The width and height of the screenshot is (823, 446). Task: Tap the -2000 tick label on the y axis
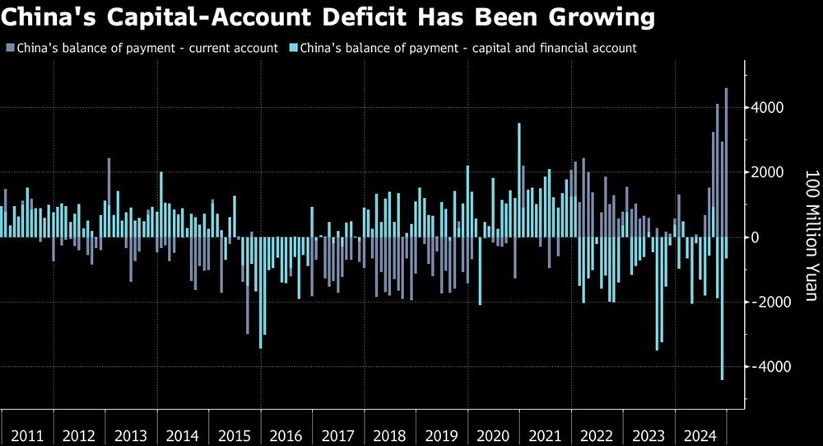[x=770, y=302]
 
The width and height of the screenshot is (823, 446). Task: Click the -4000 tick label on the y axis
[x=770, y=367]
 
